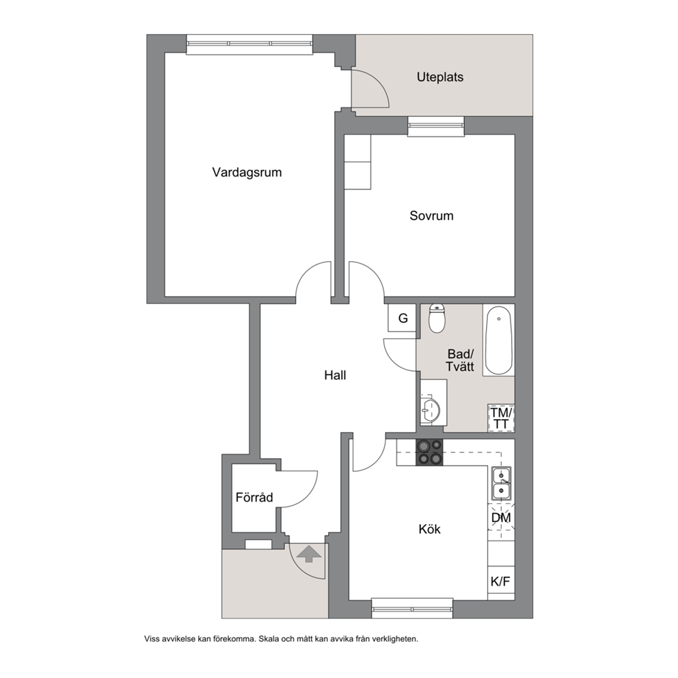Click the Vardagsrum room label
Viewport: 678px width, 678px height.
point(247,172)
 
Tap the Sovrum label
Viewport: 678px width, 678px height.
point(431,216)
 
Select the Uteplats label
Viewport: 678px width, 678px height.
point(440,77)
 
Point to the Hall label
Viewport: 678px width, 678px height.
point(335,375)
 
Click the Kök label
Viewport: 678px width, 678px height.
point(429,529)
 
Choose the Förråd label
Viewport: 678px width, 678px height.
point(254,498)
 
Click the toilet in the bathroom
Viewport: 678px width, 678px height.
point(437,318)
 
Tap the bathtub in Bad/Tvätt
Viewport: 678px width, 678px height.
point(498,340)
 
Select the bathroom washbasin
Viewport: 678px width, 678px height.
point(430,409)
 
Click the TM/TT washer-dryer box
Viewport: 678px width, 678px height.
point(501,418)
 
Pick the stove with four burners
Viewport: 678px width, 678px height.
point(429,452)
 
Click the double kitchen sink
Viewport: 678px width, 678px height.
point(501,483)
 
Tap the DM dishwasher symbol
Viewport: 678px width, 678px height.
point(501,517)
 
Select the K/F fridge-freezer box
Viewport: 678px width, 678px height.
point(501,582)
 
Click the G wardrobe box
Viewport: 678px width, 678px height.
point(403,318)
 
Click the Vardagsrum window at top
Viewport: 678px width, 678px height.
point(249,44)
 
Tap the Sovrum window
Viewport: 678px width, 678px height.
point(436,126)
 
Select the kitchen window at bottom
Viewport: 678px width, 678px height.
point(413,608)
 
